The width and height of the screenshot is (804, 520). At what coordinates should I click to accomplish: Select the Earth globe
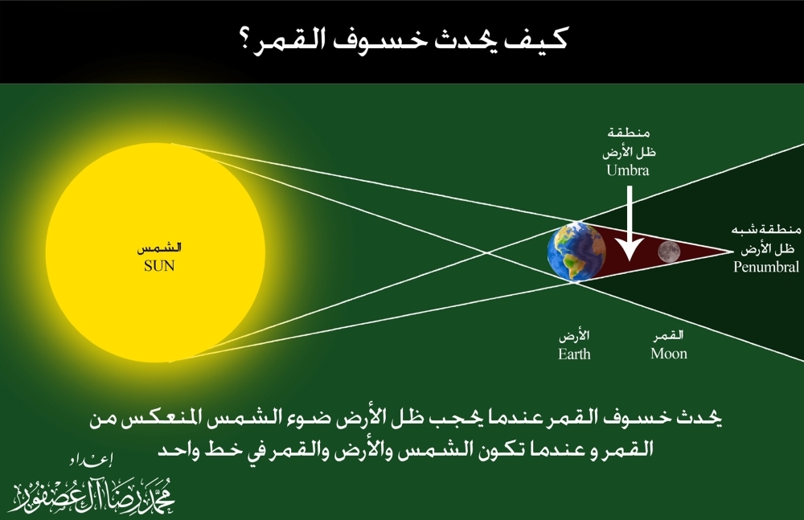coord(576,251)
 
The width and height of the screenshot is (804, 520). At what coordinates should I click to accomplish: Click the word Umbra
coord(630,170)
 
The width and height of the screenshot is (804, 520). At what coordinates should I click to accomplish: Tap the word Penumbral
coord(766,267)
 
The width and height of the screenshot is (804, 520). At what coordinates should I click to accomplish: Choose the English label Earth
coord(574,354)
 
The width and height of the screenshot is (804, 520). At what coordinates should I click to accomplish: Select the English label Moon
coord(669,354)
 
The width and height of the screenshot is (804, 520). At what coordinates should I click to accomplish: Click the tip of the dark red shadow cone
coord(730,252)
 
